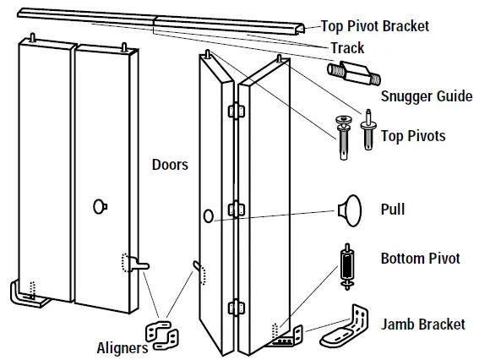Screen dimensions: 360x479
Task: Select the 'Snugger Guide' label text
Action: pos(427,96)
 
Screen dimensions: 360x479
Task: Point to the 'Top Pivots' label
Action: pos(413,135)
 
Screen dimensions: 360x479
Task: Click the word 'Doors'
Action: pos(170,164)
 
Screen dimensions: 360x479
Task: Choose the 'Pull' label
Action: pos(393,209)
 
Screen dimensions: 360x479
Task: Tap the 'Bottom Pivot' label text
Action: pos(420,258)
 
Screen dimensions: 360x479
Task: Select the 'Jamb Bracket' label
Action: pos(423,324)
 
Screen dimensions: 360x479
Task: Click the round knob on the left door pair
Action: pos(100,205)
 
